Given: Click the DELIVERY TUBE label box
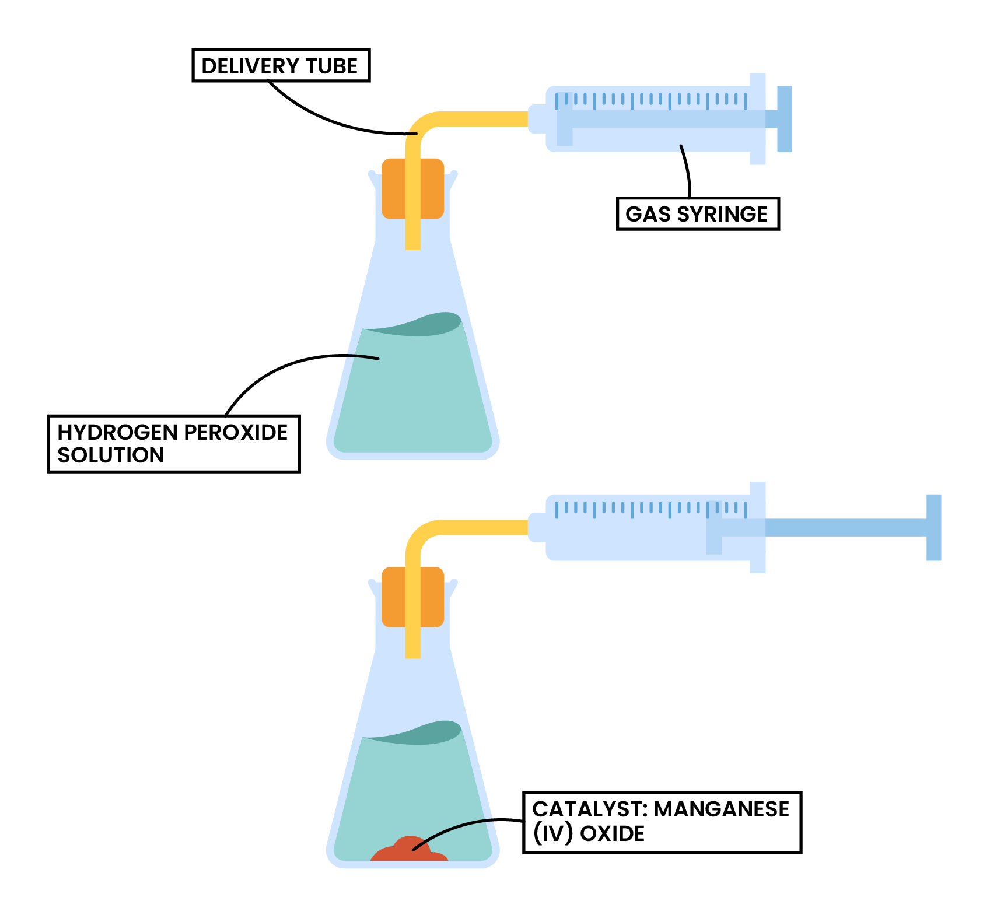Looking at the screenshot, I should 281,66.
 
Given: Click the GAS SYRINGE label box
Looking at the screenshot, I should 698,214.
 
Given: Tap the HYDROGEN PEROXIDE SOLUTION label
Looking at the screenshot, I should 173,444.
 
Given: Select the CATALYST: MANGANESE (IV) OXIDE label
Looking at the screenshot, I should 662,822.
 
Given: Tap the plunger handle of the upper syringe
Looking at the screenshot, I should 784,119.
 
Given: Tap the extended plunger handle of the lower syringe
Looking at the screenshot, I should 933,527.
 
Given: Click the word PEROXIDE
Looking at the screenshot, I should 236,432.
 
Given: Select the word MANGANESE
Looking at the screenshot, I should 721,809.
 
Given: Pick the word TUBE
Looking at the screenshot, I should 332,66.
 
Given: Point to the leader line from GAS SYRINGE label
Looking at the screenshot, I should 687,172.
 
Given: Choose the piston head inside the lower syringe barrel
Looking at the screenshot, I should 714,527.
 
